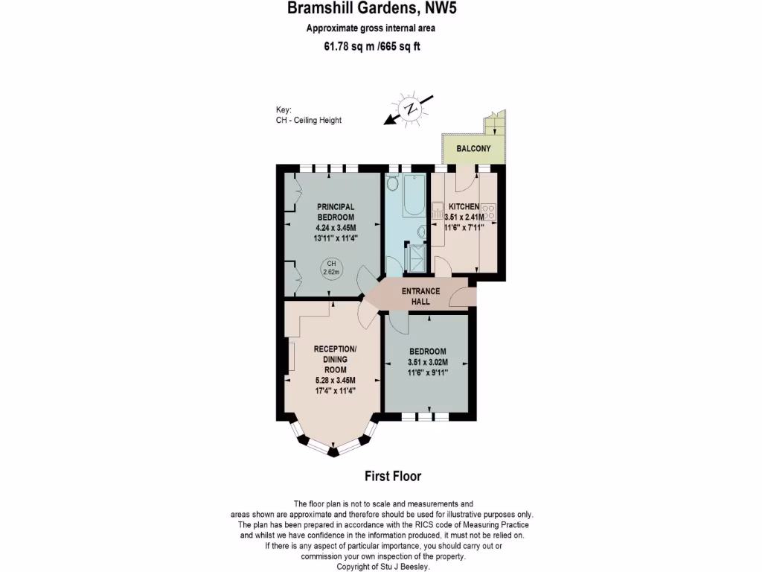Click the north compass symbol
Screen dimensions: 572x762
coord(410,109)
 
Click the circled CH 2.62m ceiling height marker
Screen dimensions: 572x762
coord(331,268)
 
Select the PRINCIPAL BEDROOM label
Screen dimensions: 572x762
coord(336,212)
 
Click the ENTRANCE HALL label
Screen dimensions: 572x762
coord(421,296)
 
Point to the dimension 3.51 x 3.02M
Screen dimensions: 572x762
coord(427,363)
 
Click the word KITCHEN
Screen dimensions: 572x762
coord(464,206)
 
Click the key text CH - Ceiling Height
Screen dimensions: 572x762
coord(308,121)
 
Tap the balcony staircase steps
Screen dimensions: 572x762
coord(493,124)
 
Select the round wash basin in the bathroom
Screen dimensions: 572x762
coord(420,231)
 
